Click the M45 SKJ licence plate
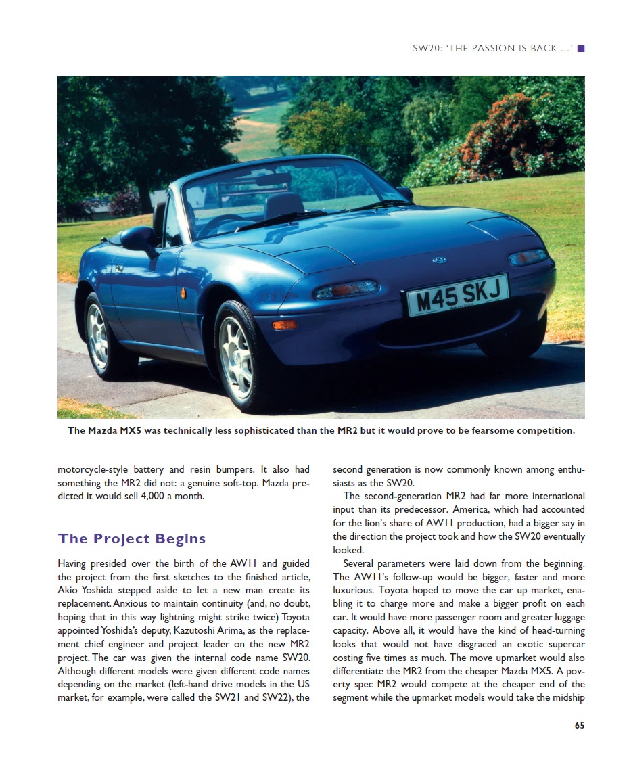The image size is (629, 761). [x=458, y=296]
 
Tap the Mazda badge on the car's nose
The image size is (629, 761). [x=439, y=260]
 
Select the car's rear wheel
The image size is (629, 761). [x=98, y=336]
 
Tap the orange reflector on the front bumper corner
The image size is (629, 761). [x=284, y=325]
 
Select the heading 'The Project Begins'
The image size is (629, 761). [x=132, y=539]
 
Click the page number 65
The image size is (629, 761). [x=579, y=725]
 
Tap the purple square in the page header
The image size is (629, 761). [x=580, y=49]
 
